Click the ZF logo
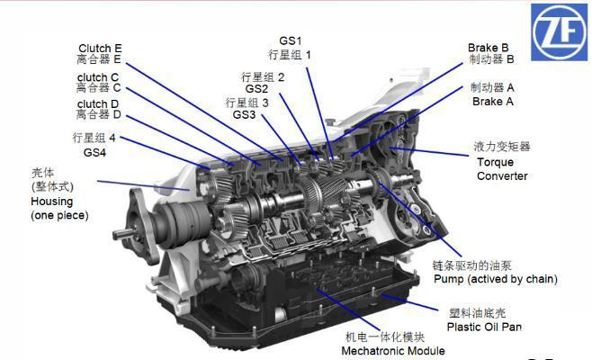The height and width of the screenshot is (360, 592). point(559,32)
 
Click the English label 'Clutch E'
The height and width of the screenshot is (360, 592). point(100,49)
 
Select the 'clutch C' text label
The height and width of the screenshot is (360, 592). point(98,77)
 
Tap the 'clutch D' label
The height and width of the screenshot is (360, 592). point(98,103)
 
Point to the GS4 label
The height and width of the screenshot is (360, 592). point(94,153)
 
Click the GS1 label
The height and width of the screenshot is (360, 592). point(291,40)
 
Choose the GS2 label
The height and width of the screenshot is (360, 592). point(256,89)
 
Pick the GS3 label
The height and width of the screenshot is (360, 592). point(244,114)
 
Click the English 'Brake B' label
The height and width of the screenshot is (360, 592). point(489,48)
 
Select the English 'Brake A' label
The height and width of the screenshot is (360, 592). point(493,101)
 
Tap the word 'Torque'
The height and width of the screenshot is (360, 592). point(495,162)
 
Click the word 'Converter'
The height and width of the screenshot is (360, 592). point(502,176)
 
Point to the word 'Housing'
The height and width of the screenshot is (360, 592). point(51,202)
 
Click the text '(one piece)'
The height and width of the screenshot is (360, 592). point(59,215)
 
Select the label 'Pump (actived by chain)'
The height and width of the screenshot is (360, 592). point(496,279)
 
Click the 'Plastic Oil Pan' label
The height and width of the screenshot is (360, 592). point(484,327)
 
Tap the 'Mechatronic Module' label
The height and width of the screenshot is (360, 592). point(393,351)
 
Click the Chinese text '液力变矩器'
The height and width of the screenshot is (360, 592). point(502,147)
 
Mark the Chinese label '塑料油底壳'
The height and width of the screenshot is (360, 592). point(477,313)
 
